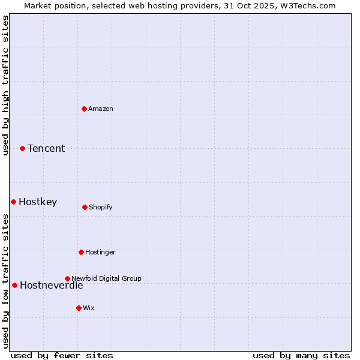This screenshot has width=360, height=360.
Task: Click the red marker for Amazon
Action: (x=84, y=109)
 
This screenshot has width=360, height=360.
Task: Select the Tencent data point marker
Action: (x=22, y=148)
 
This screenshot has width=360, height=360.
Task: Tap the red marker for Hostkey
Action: (x=13, y=202)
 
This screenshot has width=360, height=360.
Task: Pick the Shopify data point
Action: (x=85, y=207)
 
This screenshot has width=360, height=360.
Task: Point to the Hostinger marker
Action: (x=81, y=252)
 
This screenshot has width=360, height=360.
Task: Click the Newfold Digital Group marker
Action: (x=67, y=278)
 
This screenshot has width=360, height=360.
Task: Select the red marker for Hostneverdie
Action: (x=14, y=285)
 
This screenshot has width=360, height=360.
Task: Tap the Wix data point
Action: (x=79, y=308)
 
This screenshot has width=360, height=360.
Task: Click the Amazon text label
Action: (x=101, y=109)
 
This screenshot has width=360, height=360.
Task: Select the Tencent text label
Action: (x=46, y=148)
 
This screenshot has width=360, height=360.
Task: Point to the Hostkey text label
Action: (x=38, y=202)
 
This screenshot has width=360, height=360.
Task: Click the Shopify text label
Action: (x=101, y=207)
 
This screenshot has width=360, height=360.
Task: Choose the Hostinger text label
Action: (x=100, y=252)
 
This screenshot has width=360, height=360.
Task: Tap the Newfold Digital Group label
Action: (x=106, y=278)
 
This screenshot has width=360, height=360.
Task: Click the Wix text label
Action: (x=89, y=308)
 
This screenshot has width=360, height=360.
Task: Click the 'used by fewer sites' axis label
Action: (x=62, y=355)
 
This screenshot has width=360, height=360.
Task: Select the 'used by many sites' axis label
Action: (x=301, y=355)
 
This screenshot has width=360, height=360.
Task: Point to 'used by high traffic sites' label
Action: (x=6, y=85)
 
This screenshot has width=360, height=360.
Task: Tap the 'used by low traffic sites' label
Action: (x=6, y=281)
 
